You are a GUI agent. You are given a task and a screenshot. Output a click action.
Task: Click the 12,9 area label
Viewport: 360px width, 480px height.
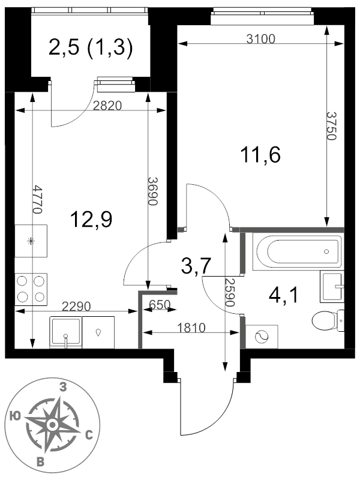[x=91, y=220]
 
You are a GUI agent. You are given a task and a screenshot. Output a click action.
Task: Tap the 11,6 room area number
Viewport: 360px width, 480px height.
[x=260, y=155]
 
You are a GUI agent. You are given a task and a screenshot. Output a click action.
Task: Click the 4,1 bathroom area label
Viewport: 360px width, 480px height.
[x=283, y=295]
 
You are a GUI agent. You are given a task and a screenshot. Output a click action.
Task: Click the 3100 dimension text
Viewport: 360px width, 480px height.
[x=261, y=39]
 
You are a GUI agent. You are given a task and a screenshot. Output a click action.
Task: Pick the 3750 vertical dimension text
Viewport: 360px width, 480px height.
[x=332, y=125]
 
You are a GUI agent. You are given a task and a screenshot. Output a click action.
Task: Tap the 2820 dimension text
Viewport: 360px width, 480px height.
[x=107, y=106]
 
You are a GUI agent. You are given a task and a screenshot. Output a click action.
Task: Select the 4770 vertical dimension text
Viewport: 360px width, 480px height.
[x=37, y=199]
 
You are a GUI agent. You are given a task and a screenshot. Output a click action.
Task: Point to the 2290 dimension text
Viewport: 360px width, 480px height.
[x=76, y=306]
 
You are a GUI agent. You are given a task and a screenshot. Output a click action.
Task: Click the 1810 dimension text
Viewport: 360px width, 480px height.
[x=191, y=328]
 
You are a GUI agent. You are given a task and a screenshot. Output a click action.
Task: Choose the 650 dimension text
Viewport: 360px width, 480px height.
[x=160, y=305]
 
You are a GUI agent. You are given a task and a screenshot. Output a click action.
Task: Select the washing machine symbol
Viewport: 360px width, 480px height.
[x=262, y=337]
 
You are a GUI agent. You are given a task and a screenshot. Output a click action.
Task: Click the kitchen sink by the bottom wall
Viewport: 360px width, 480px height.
[x=65, y=332]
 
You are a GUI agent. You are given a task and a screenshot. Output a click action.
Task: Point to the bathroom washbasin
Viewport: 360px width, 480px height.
[x=332, y=287]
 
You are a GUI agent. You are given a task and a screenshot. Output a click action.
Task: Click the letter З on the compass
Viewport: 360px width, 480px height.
[x=63, y=388]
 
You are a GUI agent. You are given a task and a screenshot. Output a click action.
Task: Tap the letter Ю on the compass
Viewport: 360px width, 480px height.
[x=15, y=416]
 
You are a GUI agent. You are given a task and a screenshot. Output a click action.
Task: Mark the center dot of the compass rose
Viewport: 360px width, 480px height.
[x=52, y=425]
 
